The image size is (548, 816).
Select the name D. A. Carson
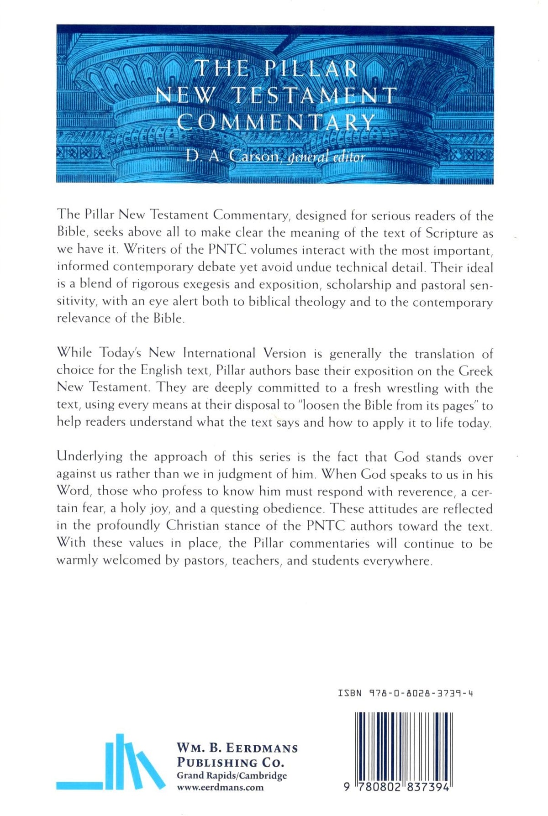(232, 157)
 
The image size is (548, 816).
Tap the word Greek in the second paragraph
(475, 371)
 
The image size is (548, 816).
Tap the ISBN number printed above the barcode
(405, 693)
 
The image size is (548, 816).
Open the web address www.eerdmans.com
(220, 787)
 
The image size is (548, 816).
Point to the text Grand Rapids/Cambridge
(232, 775)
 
